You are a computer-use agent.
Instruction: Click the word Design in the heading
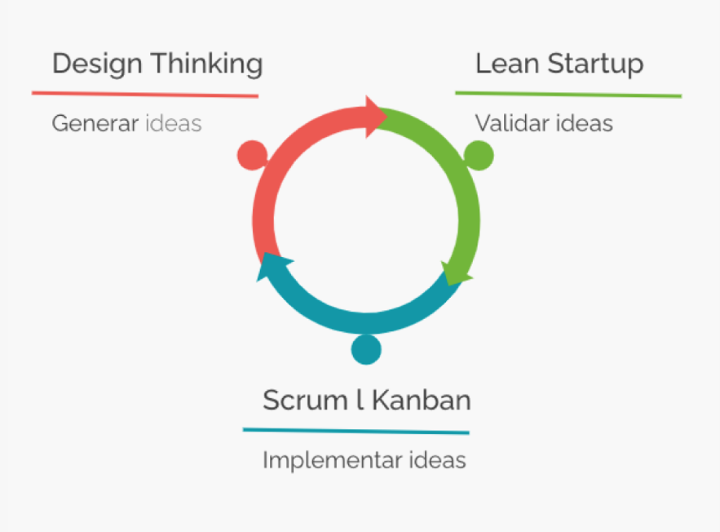click(97, 64)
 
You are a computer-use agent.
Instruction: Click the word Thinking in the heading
click(208, 64)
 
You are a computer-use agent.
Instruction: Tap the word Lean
click(507, 64)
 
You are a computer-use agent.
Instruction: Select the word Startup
click(595, 64)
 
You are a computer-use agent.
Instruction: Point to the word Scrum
click(305, 400)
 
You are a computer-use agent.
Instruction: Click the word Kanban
click(421, 400)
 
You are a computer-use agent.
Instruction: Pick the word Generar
click(95, 123)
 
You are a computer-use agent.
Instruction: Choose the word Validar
click(512, 123)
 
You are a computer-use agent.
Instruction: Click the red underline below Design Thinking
click(145, 94)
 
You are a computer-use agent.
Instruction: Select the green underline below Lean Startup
click(568, 94)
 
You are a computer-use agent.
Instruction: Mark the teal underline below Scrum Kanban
click(356, 431)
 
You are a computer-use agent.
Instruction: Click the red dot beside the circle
click(252, 155)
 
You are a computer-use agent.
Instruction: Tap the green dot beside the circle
click(479, 155)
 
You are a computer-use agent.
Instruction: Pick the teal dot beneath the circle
click(366, 349)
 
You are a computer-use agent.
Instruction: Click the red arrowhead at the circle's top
click(375, 117)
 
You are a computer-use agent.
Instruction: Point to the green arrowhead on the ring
click(455, 274)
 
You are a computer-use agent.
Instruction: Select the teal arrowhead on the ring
click(272, 265)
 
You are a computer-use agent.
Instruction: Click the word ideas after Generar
click(174, 123)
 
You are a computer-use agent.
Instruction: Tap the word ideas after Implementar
click(438, 460)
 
